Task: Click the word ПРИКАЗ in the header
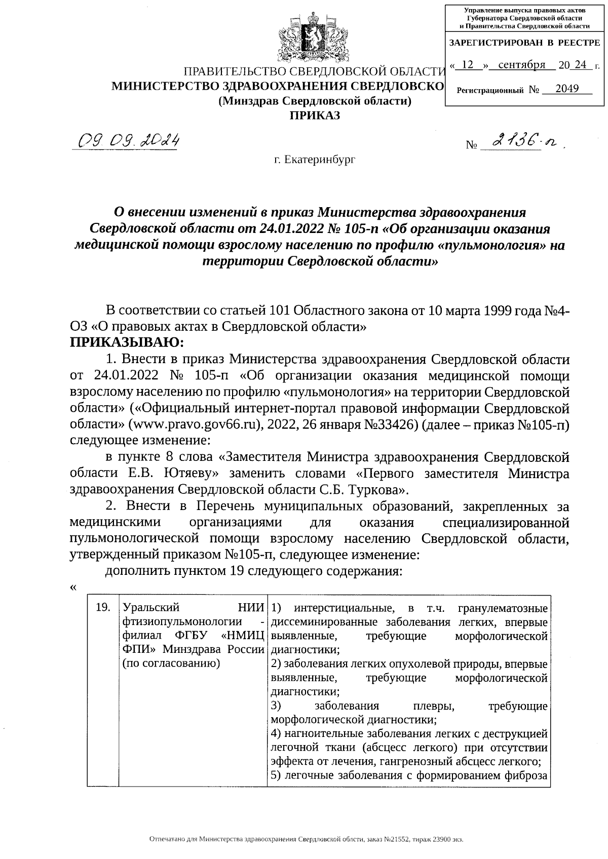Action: [x=314, y=115]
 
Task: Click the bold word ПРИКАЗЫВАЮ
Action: [x=127, y=343]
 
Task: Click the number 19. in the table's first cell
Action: [x=103, y=607]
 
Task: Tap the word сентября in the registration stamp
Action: [x=521, y=65]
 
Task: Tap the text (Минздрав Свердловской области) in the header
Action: [x=314, y=101]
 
